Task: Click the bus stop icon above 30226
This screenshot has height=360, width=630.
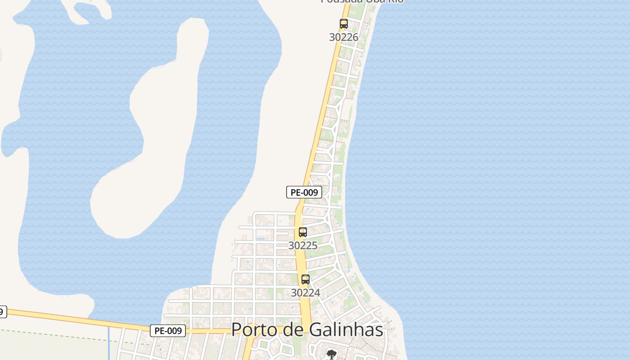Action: [x=344, y=24]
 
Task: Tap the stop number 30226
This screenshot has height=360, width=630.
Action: [x=343, y=37]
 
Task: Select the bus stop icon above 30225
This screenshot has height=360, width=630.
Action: [x=303, y=232]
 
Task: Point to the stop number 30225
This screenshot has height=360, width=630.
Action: [x=302, y=246]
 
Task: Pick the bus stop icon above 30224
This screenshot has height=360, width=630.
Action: [x=306, y=279]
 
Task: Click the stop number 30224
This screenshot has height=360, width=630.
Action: [x=305, y=293]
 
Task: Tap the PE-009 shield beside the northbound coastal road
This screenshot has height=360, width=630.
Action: [x=304, y=192]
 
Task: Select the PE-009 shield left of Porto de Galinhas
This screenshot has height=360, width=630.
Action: [x=168, y=331]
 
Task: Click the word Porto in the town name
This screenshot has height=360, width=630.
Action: [x=252, y=330]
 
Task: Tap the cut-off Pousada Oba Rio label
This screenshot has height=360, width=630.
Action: [x=362, y=1]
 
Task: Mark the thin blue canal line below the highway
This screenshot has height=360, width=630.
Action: [x=109, y=344]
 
